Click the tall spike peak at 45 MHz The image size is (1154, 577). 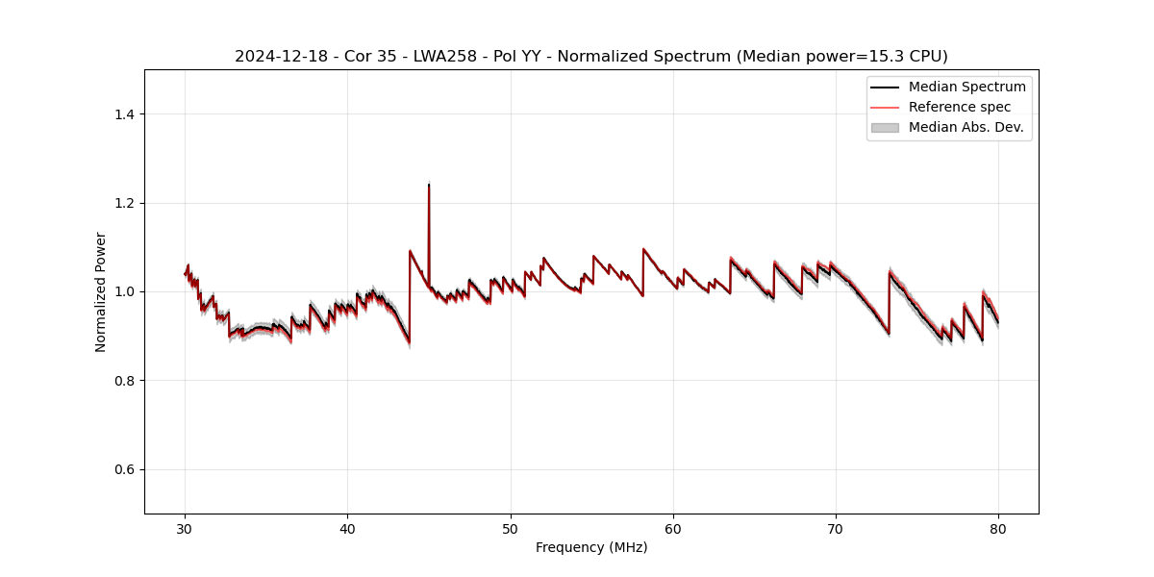[428, 185]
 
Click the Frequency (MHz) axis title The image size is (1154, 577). [591, 547]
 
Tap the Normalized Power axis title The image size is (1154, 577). [101, 291]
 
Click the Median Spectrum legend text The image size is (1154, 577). [966, 87]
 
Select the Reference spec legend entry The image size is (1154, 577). [959, 107]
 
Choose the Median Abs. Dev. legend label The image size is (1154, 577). [966, 127]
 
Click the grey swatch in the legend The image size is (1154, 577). [885, 127]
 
